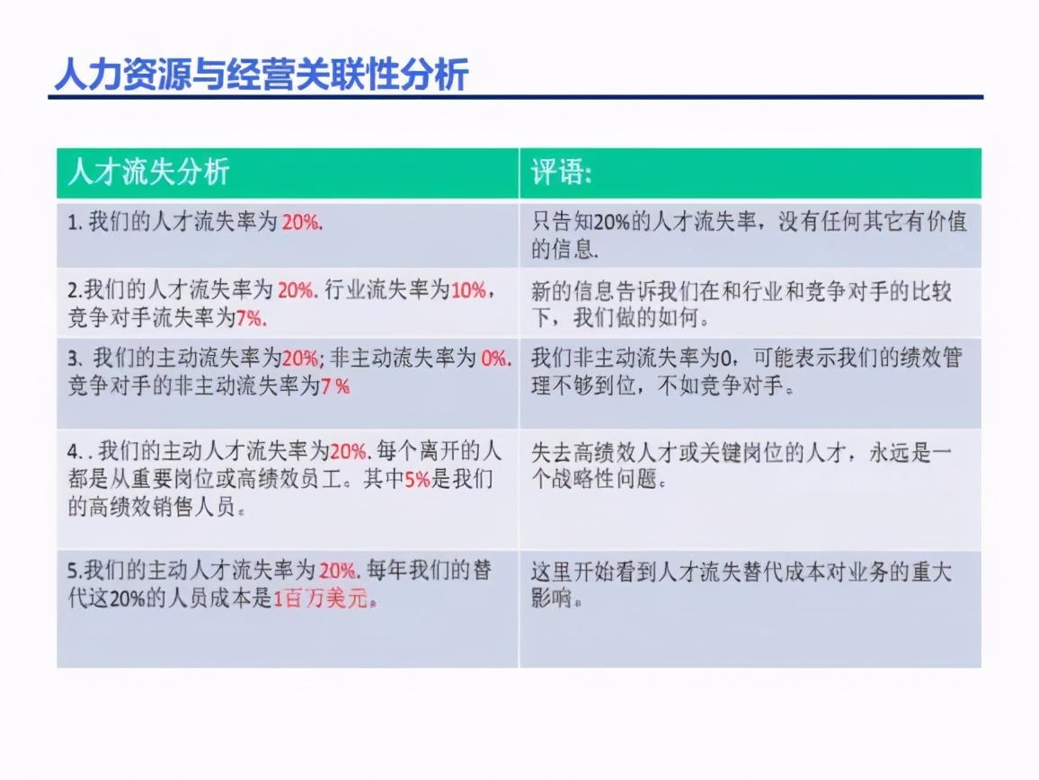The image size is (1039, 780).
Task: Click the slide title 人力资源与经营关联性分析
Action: [261, 75]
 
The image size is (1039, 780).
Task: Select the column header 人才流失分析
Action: [149, 172]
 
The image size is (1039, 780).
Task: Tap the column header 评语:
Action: [561, 172]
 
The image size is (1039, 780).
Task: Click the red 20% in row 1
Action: [300, 223]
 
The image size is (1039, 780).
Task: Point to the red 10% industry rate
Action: [468, 290]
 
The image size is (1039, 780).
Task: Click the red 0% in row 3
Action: [494, 359]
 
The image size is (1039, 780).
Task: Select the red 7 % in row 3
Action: [335, 386]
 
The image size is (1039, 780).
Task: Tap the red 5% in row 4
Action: [417, 480]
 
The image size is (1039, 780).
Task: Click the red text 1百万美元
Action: [322, 600]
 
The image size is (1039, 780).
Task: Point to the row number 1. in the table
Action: [75, 223]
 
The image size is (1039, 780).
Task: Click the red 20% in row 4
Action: [349, 452]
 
